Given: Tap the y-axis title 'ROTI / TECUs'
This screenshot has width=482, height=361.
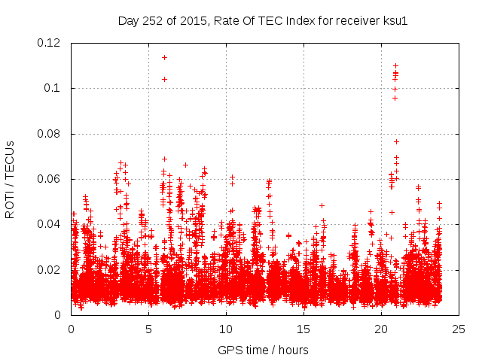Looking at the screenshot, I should pyautogui.click(x=11, y=179).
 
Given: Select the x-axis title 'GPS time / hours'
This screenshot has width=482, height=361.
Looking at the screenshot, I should pyautogui.click(x=263, y=350).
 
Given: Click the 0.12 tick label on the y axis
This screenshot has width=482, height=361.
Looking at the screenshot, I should pyautogui.click(x=49, y=43).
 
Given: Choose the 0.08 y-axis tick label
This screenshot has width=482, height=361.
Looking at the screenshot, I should pyautogui.click(x=49, y=134).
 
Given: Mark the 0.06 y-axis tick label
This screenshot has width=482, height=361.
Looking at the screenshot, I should pyautogui.click(x=49, y=179).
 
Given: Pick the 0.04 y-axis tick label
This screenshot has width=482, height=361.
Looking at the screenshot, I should pyautogui.click(x=49, y=224).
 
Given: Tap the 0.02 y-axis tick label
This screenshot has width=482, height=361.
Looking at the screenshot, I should pyautogui.click(x=49, y=270).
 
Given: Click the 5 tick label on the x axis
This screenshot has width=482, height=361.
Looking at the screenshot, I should pyautogui.click(x=148, y=329).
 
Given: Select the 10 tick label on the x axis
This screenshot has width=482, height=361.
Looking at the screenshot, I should pyautogui.click(x=226, y=329).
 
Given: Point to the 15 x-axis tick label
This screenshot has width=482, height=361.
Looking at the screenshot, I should pyautogui.click(x=304, y=329).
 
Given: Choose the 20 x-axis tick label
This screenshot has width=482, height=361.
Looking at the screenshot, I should pyautogui.click(x=381, y=329).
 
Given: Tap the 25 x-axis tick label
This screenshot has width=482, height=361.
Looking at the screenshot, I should pyautogui.click(x=458, y=329).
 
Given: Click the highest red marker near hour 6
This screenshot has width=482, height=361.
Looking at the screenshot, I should pyautogui.click(x=164, y=57).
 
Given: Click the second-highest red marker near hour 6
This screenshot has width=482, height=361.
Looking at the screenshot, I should pyautogui.click(x=164, y=79).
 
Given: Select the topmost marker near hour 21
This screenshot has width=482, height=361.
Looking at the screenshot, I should pyautogui.click(x=395, y=65).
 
